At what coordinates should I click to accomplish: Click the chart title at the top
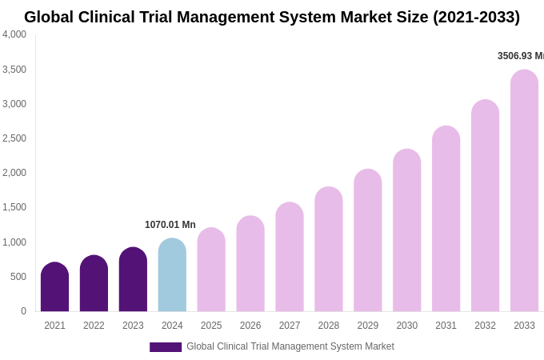pyautogui.click(x=272, y=17)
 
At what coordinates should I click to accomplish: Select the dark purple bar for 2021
pyautogui.click(x=54, y=287)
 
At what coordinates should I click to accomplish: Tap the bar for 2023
pyautogui.click(x=133, y=279)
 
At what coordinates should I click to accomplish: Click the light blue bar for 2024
pyautogui.click(x=172, y=275)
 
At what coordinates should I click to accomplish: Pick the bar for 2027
pyautogui.click(x=290, y=257)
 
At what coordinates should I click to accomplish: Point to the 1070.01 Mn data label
pyautogui.click(x=170, y=225)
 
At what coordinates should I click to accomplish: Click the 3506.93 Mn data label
pyautogui.click(x=520, y=56)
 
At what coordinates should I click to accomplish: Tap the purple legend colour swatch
pyautogui.click(x=166, y=347)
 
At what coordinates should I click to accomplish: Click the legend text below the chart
pyautogui.click(x=290, y=346)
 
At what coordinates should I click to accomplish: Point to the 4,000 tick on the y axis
pyautogui.click(x=14, y=34)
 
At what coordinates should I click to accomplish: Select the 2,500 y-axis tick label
pyautogui.click(x=14, y=138)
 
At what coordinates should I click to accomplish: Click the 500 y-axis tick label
pyautogui.click(x=18, y=277)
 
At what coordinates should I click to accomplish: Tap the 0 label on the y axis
pyautogui.click(x=23, y=311)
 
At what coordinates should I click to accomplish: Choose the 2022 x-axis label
pyautogui.click(x=94, y=326)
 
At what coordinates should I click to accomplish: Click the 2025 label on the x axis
pyautogui.click(x=211, y=326)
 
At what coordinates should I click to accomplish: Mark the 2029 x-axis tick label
pyautogui.click(x=368, y=326)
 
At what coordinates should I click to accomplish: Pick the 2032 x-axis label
pyautogui.click(x=485, y=326)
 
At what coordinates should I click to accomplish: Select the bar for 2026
pyautogui.click(x=250, y=264)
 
